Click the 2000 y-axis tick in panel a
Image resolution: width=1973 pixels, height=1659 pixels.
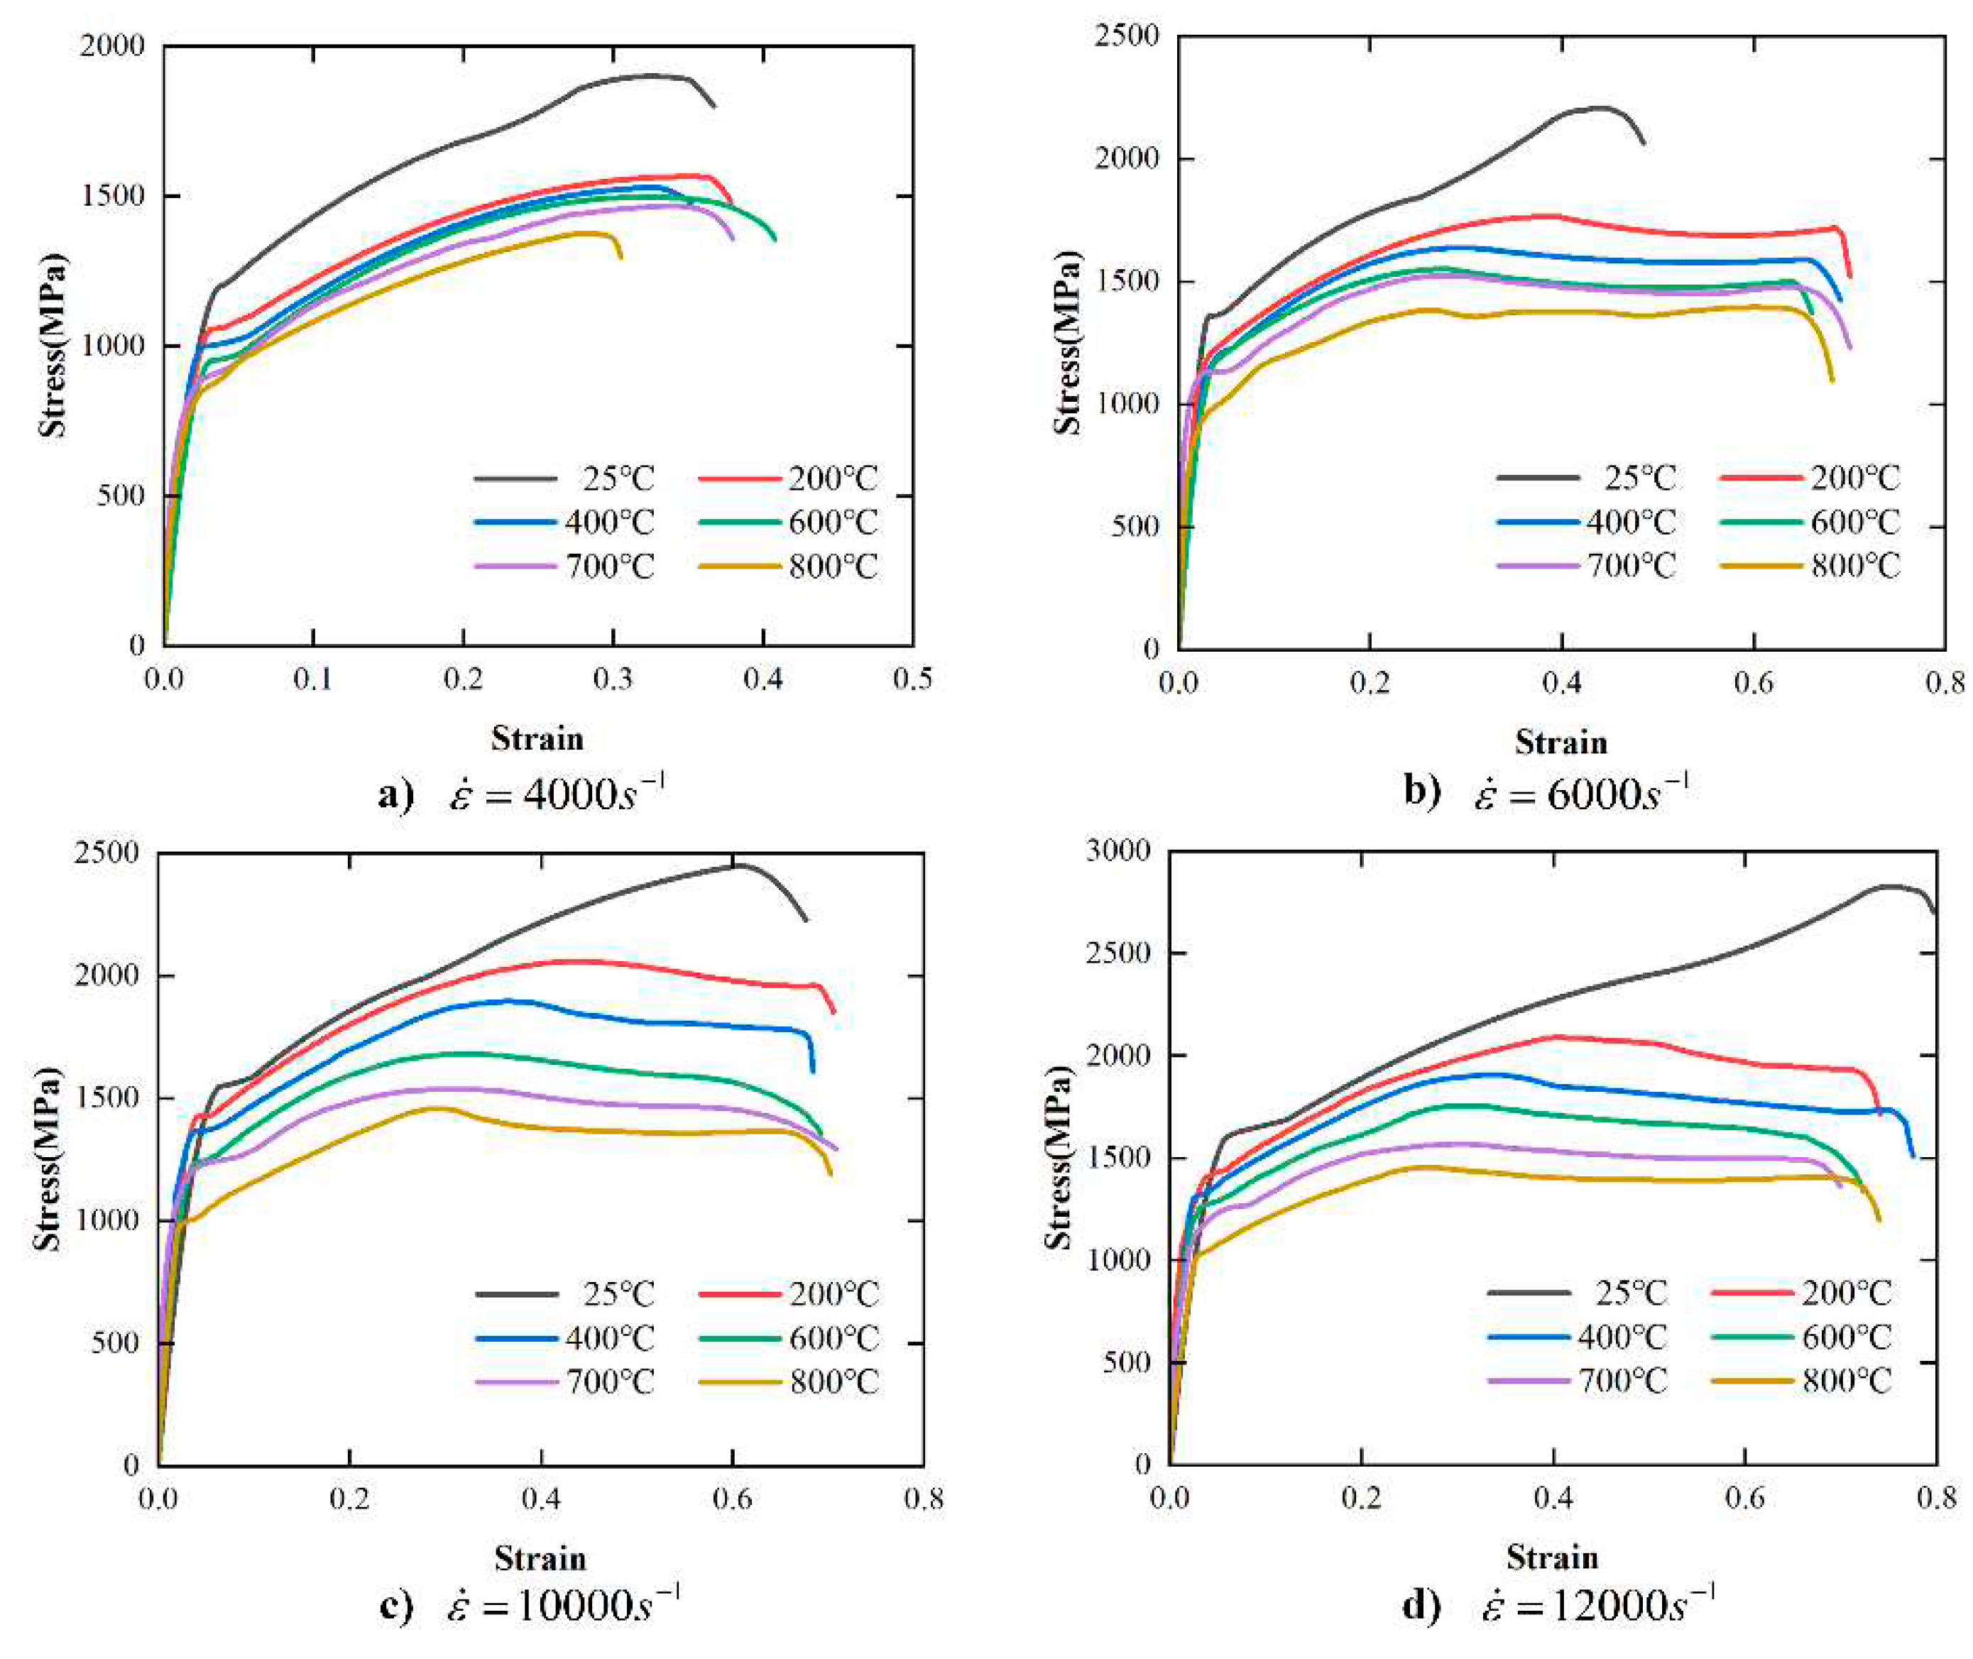pos(113,45)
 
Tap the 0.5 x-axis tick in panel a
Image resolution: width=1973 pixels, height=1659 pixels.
pos(912,678)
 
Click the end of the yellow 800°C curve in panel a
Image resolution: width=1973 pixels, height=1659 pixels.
pos(620,257)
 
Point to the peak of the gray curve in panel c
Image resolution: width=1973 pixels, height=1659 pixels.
pos(740,865)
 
